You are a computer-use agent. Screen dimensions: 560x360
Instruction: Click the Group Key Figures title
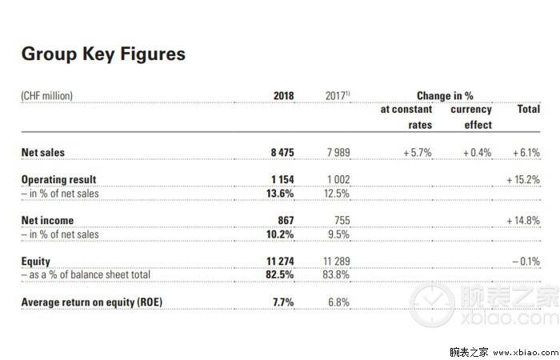(103, 54)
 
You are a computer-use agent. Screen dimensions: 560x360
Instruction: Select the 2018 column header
(283, 96)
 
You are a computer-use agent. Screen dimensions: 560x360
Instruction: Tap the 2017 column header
(338, 96)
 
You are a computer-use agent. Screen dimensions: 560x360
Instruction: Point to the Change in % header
(445, 96)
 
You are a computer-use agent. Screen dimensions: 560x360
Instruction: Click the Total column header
(529, 109)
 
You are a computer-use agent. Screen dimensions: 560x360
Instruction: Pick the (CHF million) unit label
(46, 96)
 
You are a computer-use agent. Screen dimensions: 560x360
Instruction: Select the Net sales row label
(43, 153)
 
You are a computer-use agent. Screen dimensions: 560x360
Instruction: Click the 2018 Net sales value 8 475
(282, 153)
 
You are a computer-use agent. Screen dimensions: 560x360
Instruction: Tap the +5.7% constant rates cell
(418, 153)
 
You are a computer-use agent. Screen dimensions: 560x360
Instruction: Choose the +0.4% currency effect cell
(477, 153)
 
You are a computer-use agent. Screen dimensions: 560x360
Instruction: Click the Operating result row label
(59, 180)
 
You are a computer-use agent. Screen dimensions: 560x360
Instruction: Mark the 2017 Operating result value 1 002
(338, 179)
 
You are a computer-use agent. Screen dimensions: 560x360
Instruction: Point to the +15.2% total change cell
(523, 179)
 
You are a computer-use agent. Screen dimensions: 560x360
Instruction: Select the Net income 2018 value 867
(286, 220)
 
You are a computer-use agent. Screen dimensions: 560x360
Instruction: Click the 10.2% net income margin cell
(280, 234)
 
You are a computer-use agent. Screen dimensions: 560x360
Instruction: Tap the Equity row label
(36, 262)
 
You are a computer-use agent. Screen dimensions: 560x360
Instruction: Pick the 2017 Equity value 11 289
(337, 262)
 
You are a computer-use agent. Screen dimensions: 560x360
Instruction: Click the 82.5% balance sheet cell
(280, 274)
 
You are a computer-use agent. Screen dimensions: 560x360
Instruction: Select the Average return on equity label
(92, 302)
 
